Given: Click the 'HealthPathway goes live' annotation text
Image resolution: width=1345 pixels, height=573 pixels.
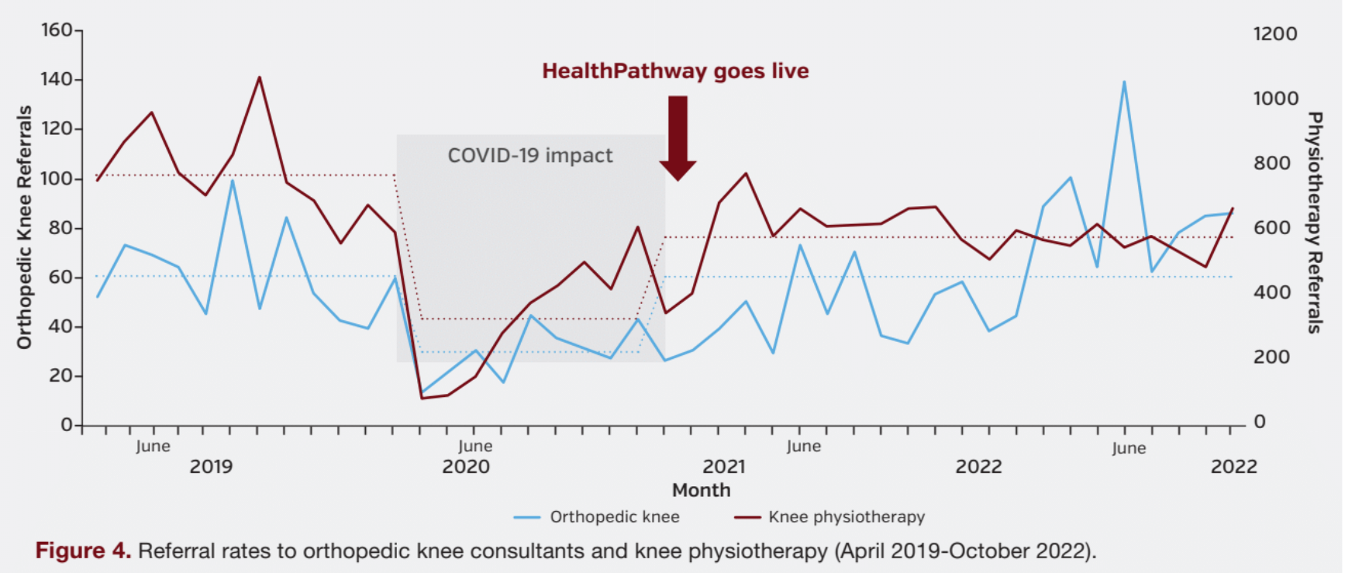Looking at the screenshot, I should [x=675, y=71].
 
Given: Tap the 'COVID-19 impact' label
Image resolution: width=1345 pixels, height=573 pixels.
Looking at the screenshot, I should [x=530, y=156].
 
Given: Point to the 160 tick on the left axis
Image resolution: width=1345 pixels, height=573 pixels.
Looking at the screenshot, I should [x=56, y=30].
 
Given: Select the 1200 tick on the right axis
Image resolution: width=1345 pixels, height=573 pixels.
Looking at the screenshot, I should [x=1274, y=34].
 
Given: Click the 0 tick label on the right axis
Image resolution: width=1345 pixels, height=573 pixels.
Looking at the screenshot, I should [x=1260, y=422].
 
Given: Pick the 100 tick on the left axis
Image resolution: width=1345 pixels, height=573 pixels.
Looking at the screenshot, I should [x=56, y=178].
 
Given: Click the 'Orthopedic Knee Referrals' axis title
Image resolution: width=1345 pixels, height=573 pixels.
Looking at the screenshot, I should [x=25, y=227].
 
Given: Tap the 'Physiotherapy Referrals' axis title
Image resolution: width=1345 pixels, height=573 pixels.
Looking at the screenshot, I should [x=1314, y=223].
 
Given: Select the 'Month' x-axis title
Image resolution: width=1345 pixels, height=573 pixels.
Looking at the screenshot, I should [x=701, y=490].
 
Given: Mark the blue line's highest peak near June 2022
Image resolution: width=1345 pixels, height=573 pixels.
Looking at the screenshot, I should [x=1124, y=81].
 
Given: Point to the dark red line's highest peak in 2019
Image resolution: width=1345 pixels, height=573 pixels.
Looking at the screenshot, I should [x=259, y=78].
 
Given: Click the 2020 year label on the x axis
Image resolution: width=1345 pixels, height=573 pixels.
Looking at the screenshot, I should [x=466, y=467].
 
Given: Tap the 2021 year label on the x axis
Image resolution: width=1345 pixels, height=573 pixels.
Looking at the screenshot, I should [x=723, y=467].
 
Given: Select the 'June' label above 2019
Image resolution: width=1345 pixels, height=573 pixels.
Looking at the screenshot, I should [x=153, y=447].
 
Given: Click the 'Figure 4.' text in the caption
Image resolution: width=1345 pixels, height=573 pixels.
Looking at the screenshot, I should [x=83, y=551].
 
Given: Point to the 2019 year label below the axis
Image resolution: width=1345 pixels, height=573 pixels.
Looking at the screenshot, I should [x=211, y=467].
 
